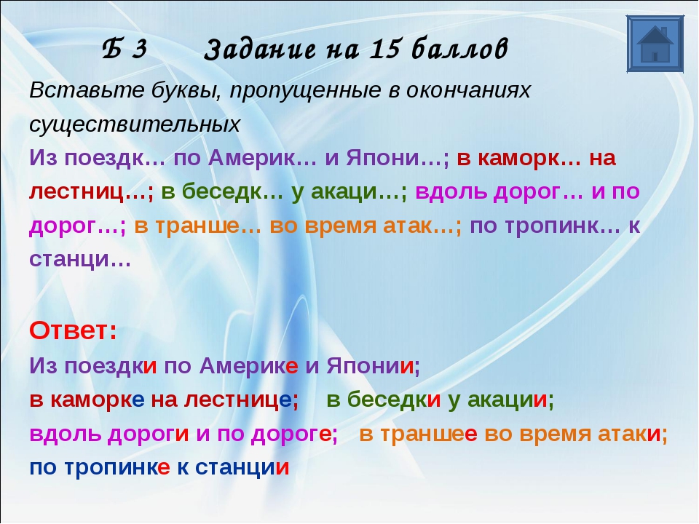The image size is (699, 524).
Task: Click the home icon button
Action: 655,44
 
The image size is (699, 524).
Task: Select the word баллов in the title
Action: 459,49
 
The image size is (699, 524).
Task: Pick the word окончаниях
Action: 462,90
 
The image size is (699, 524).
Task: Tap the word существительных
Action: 135,125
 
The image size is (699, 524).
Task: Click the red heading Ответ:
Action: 73,330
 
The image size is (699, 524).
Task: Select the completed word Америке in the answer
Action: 249,366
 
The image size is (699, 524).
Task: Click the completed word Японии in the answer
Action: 370,366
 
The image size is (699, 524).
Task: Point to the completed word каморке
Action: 97,400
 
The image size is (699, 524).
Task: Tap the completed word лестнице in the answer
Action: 237,400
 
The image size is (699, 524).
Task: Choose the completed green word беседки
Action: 394,400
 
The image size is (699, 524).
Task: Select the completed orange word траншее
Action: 429,434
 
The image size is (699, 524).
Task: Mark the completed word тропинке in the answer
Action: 117,467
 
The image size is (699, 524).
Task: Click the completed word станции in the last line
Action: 242,467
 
